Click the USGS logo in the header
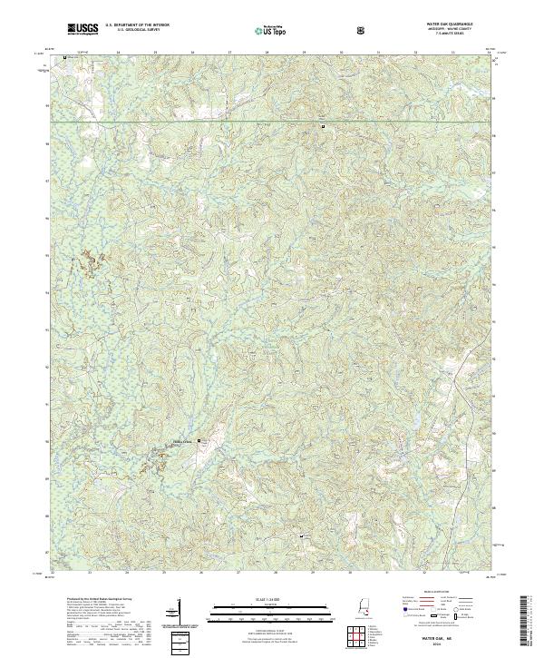coord(83,30)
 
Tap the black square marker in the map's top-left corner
coord(66,58)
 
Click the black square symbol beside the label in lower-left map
coord(200,440)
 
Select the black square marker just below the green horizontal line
coord(322,126)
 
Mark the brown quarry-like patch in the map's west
coord(92,262)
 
